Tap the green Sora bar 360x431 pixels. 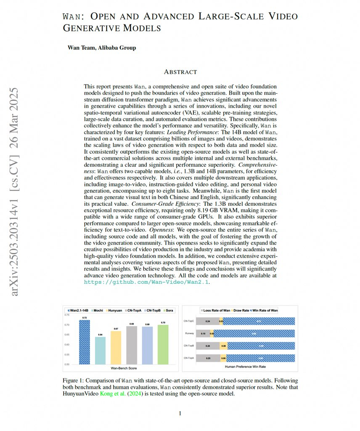[162, 344]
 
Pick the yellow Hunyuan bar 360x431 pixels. [116, 347]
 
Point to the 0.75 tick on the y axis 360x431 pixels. [67, 315]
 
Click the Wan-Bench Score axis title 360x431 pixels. [124, 368]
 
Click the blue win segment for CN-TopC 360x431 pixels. [259, 321]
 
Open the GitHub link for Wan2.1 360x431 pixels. [147, 282]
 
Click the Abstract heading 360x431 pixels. [180, 72]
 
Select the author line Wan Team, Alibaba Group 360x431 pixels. [102, 48]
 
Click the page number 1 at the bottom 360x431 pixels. [180, 413]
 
